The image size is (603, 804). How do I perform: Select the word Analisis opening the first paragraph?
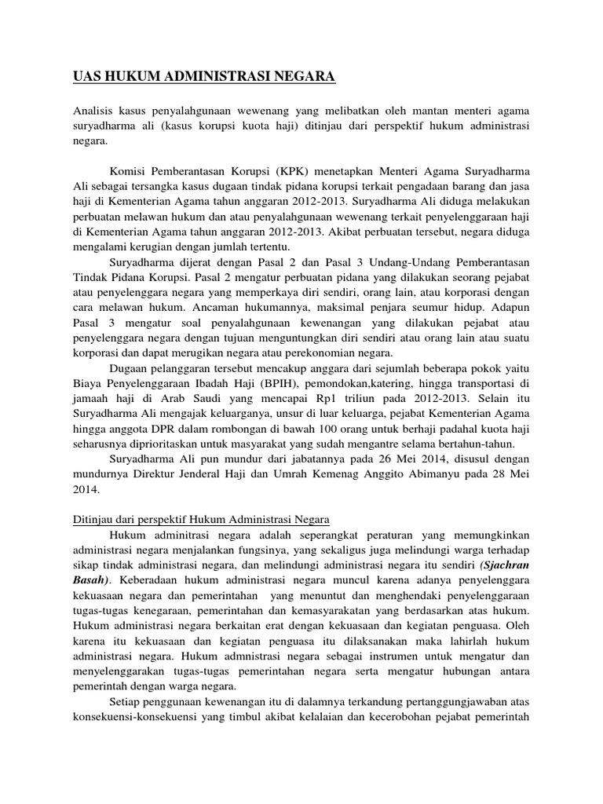pos(93,109)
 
